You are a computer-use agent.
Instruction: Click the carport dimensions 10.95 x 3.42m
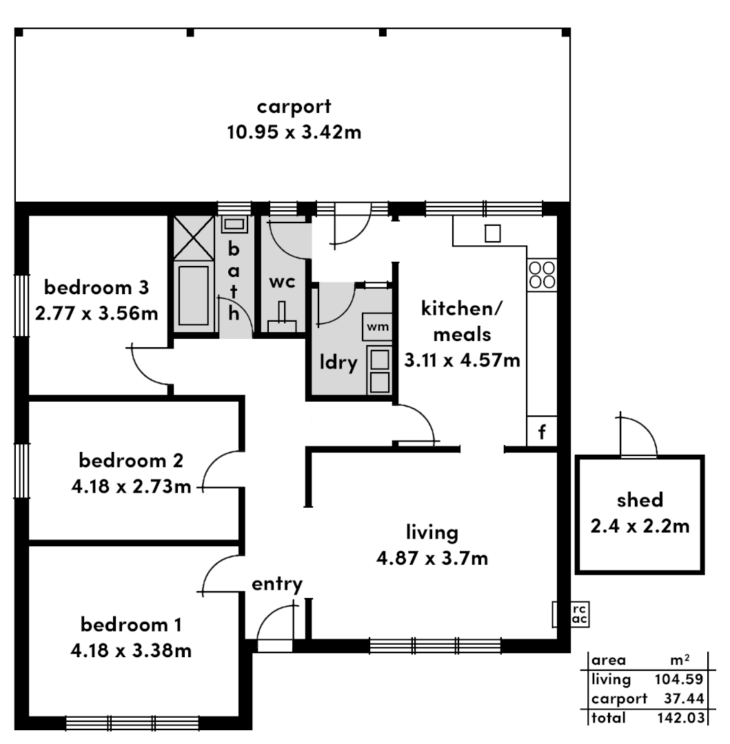pyautogui.click(x=294, y=132)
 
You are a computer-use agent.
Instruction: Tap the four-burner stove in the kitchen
pyautogui.click(x=542, y=275)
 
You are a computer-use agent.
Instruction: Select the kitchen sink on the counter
pyautogui.click(x=492, y=234)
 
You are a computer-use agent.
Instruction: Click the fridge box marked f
pyautogui.click(x=542, y=433)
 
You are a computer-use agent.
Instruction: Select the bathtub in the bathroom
pyautogui.click(x=193, y=296)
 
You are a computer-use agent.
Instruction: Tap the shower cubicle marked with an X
pyautogui.click(x=193, y=239)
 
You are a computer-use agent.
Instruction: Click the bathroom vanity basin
pyautogui.click(x=235, y=224)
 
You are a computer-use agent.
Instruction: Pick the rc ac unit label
pyautogui.click(x=580, y=615)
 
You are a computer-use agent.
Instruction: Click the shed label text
pyautogui.click(x=640, y=500)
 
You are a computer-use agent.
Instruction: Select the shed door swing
pyautogui.click(x=637, y=436)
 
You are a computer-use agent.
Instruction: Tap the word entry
pyautogui.click(x=276, y=585)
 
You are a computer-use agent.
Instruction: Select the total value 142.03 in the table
pyautogui.click(x=679, y=719)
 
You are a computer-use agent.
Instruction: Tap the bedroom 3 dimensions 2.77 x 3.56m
pyautogui.click(x=97, y=313)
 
